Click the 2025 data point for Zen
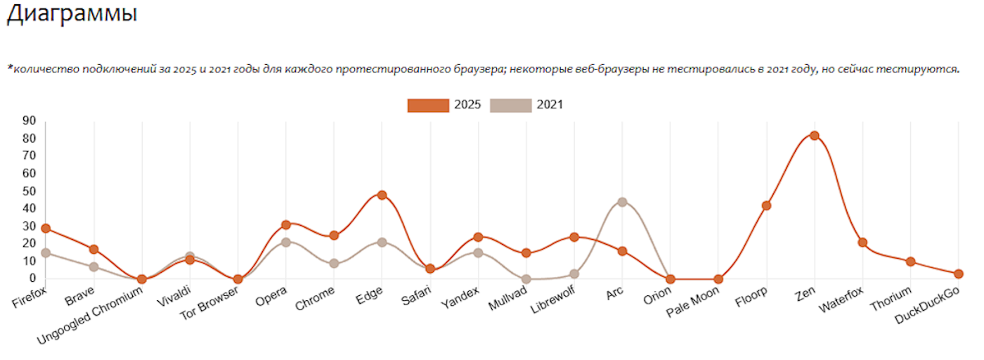814,136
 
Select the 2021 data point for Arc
622,202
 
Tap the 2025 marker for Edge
382,195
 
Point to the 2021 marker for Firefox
46,253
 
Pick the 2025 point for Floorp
766,206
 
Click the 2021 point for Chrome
334,264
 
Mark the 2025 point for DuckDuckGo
959,274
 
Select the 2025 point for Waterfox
862,243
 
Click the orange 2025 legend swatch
428,105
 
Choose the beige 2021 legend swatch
511,105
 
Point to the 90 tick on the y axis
29,121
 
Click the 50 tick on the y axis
29,191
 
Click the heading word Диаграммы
72,13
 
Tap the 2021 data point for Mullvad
526,279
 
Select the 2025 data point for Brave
93,249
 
